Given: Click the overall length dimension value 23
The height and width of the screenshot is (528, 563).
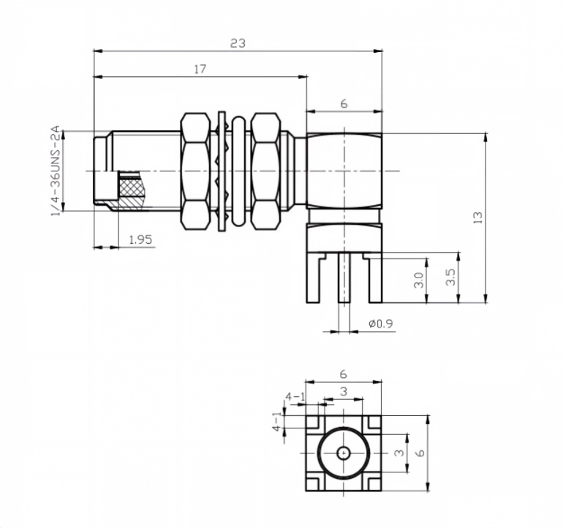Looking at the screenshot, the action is point(238,43).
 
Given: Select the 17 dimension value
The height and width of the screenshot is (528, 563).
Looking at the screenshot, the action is point(200,69).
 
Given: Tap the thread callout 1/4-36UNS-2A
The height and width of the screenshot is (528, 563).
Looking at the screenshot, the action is point(56,171).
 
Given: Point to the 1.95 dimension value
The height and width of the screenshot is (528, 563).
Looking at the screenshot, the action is point(140,239).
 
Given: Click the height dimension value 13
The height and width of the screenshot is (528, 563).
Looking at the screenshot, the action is point(478,217).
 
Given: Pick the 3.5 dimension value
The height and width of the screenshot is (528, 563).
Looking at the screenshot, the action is point(450,277).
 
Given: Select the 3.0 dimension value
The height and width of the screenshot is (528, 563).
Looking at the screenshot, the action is point(419,280).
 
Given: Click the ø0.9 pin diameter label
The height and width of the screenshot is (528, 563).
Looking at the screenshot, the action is point(381,324).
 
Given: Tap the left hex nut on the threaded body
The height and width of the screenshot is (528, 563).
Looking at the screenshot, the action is point(195,171).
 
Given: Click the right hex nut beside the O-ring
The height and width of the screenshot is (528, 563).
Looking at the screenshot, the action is point(265,171).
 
